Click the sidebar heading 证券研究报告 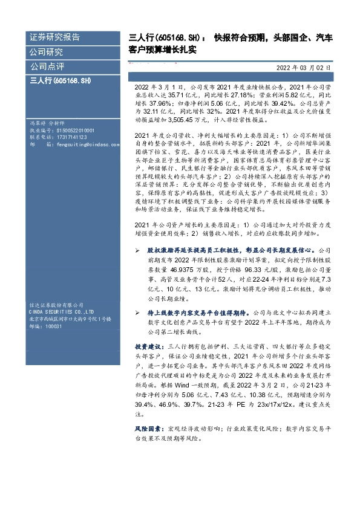pos(54,37)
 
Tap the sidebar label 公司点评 pos(47,65)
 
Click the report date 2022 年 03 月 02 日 pos(304,68)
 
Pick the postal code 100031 pos(53,326)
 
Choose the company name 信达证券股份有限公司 pos(56,305)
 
